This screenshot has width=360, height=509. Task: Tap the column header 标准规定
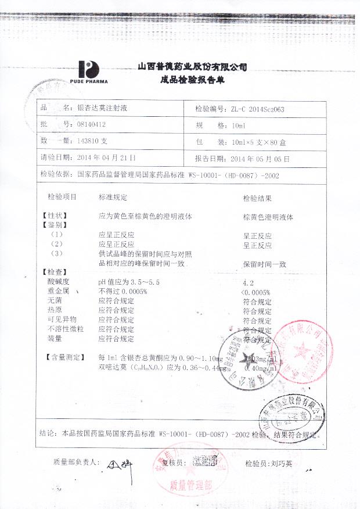113,198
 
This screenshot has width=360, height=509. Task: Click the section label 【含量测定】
64,356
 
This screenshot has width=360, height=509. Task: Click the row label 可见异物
62,320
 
